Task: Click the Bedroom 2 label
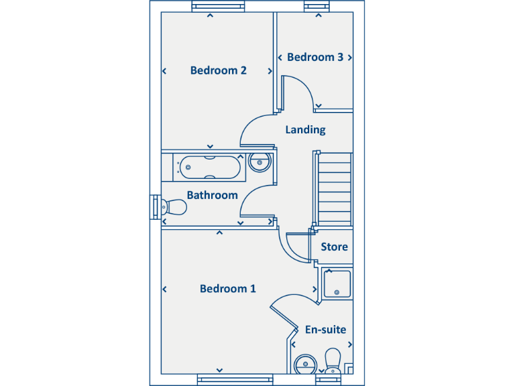(x=219, y=70)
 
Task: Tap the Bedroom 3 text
(x=315, y=58)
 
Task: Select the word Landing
(x=305, y=130)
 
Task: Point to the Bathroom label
(x=212, y=196)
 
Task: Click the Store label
(x=334, y=247)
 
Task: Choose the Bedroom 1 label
(x=228, y=289)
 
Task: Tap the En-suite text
(x=325, y=330)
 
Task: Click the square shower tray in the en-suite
(x=337, y=283)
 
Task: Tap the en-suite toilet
(x=333, y=359)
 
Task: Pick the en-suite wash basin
(x=306, y=365)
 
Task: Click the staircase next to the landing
(x=333, y=189)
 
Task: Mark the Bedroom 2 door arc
(x=256, y=130)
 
